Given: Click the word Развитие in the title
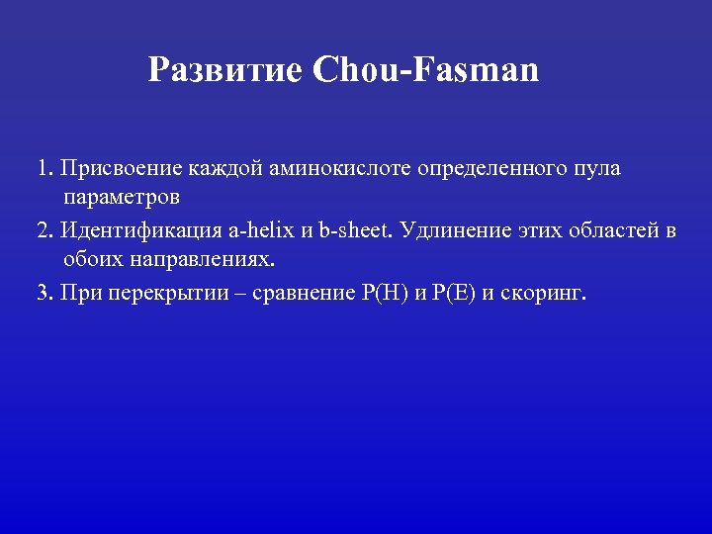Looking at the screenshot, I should point(224,70).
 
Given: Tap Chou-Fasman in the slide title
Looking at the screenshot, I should point(425,70).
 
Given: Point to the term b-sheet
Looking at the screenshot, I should point(356,231).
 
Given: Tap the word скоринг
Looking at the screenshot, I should point(544,295).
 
